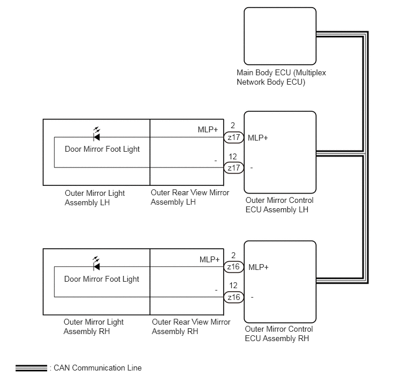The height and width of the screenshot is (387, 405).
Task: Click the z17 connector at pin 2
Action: click(234, 137)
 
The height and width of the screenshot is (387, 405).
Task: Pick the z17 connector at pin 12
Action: click(234, 168)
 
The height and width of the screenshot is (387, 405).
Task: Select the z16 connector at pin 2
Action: click(234, 267)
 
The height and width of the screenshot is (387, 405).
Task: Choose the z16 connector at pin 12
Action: click(234, 297)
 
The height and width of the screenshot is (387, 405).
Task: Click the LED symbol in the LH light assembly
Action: click(97, 135)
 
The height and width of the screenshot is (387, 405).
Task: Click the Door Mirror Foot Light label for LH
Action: click(102, 149)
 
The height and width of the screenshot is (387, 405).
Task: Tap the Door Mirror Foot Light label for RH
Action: click(101, 279)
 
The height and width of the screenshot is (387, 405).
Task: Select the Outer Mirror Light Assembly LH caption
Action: click(95, 198)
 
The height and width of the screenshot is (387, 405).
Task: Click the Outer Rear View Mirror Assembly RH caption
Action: click(191, 326)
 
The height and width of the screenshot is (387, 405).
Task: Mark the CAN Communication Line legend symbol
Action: click(31, 368)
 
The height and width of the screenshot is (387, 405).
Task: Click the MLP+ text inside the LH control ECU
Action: click(258, 138)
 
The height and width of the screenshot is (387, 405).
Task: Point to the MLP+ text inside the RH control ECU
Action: click(258, 267)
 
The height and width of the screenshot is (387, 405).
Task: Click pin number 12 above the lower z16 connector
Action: click(233, 285)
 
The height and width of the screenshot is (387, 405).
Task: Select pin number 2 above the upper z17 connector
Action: click(233, 125)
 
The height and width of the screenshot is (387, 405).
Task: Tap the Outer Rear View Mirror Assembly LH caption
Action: click(190, 198)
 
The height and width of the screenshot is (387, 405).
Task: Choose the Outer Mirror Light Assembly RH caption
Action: click(94, 326)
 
